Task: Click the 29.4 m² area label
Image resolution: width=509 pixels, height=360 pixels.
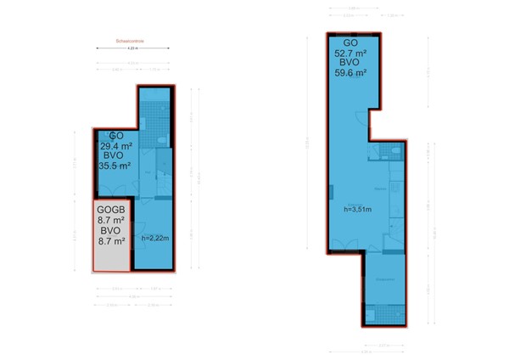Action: pyautogui.click(x=117, y=145)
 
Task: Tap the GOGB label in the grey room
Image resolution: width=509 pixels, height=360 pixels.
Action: pyautogui.click(x=111, y=210)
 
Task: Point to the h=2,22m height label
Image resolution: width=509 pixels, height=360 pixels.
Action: pyautogui.click(x=155, y=238)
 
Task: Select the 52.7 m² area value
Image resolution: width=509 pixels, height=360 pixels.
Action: pyautogui.click(x=350, y=53)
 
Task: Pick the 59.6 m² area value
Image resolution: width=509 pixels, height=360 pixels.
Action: pyautogui.click(x=350, y=74)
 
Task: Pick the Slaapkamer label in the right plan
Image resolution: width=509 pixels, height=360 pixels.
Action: pyautogui.click(x=383, y=278)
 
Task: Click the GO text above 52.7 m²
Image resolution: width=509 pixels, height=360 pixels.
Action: pyautogui.click(x=350, y=42)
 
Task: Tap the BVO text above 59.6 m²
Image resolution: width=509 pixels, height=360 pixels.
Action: pyautogui.click(x=350, y=64)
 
